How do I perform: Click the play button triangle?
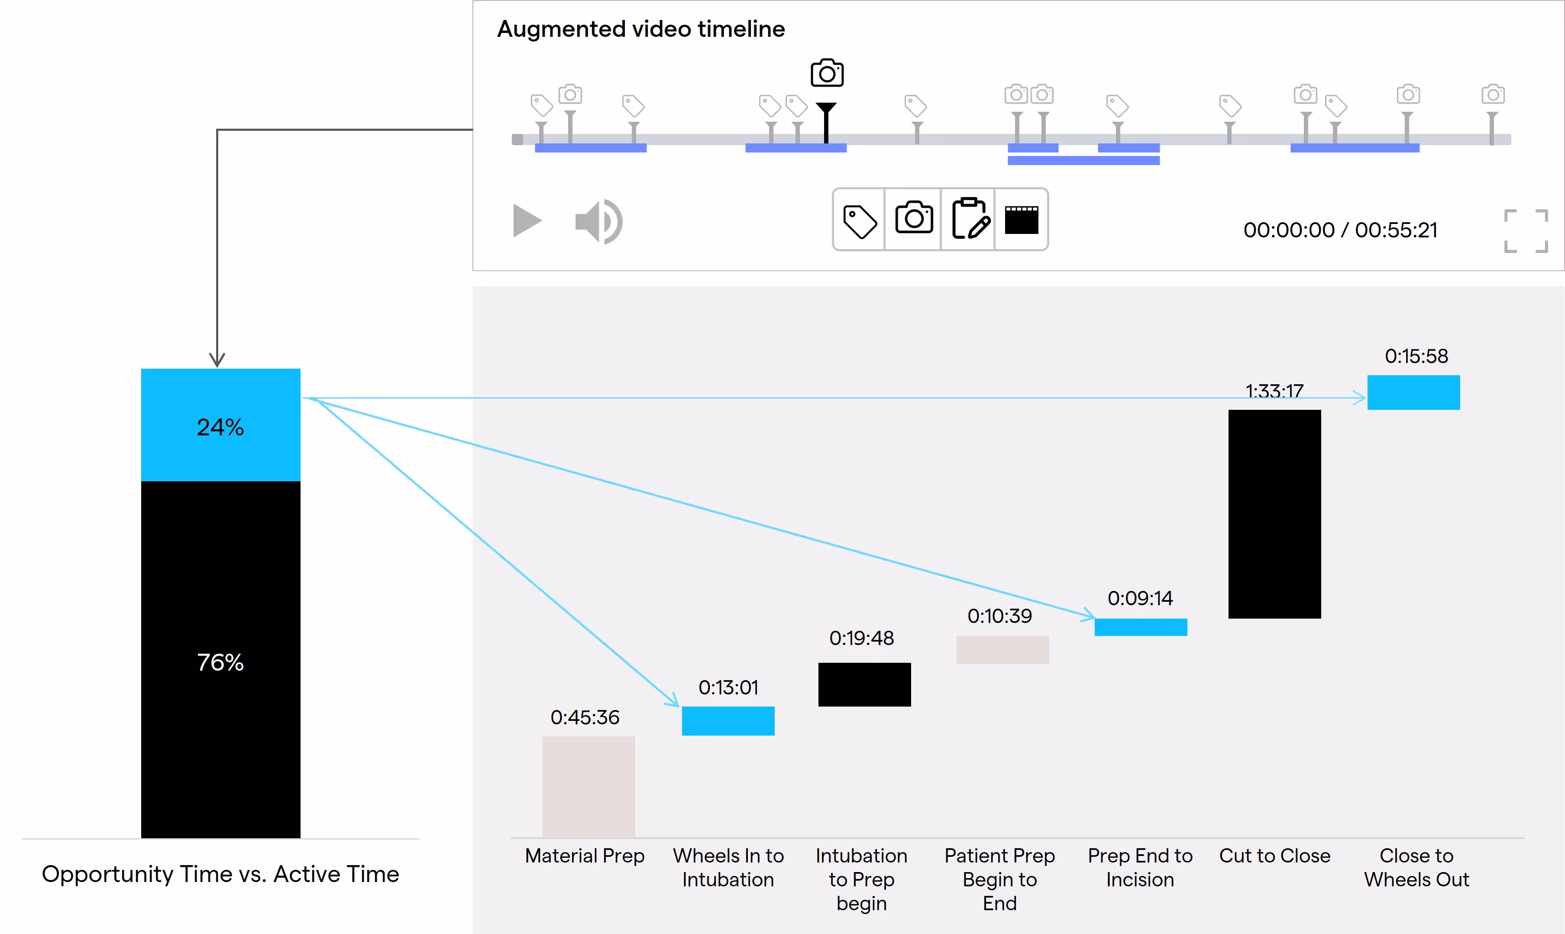click(x=527, y=221)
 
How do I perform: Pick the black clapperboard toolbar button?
click(x=1022, y=220)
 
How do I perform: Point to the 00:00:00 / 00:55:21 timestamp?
click(x=1340, y=230)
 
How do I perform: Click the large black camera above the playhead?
click(x=827, y=73)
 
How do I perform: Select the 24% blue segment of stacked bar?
click(x=221, y=425)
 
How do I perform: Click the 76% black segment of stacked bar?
click(x=221, y=660)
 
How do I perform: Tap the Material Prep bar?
click(x=589, y=787)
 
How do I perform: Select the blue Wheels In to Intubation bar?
click(x=728, y=720)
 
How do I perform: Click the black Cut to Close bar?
click(x=1274, y=514)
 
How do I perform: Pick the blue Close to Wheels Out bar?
click(x=1413, y=393)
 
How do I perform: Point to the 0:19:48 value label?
click(x=862, y=638)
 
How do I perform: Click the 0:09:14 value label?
click(x=1141, y=598)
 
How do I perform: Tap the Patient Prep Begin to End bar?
click(x=1002, y=649)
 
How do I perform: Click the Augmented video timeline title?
click(x=641, y=29)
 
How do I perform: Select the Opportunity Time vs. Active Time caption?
click(x=220, y=874)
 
